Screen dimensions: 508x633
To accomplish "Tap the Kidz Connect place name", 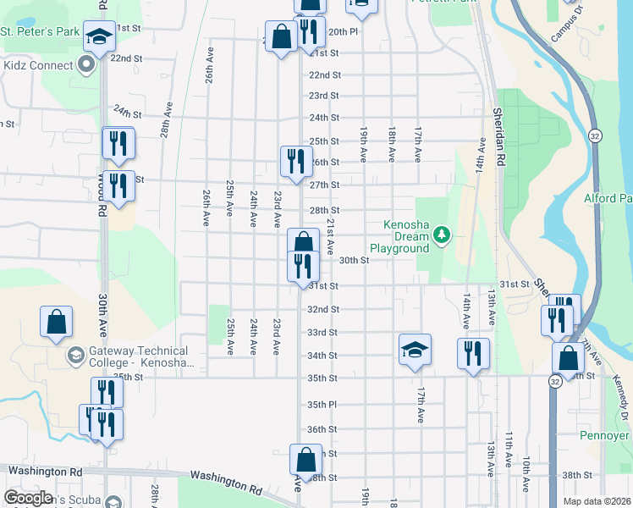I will click(39, 64).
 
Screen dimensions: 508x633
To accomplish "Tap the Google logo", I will click(29, 498).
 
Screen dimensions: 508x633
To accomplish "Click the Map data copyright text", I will click(596, 501).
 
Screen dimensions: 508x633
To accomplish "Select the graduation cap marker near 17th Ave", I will click(415, 349).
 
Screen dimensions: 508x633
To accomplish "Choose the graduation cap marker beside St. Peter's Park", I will click(100, 36).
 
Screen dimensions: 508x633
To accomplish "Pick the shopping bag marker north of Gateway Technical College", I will click(56, 322).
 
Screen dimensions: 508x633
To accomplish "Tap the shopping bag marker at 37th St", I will click(305, 460).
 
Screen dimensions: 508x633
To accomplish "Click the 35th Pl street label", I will click(322, 405).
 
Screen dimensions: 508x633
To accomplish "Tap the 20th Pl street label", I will click(343, 31).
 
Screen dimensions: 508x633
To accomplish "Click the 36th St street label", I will click(322, 429).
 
